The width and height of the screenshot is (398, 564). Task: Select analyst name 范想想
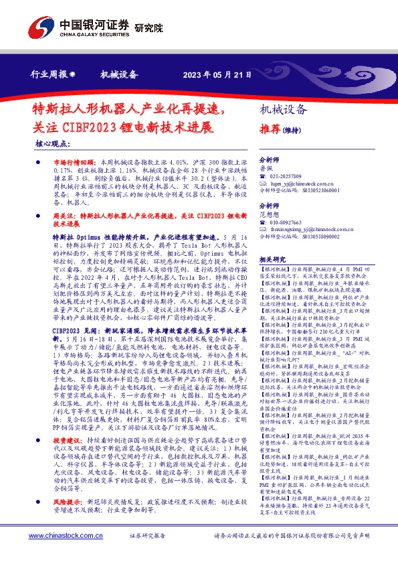pyautogui.click(x=269, y=214)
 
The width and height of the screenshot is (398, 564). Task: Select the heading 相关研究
pyautogui.click(x=272, y=259)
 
